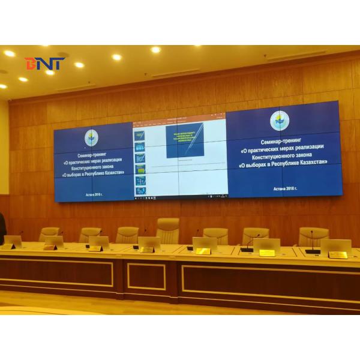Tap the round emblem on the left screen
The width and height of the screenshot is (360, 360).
91,138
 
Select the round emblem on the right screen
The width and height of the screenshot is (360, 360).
279,121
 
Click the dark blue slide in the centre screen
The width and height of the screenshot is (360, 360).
185,140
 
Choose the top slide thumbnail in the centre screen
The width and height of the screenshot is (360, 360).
140,136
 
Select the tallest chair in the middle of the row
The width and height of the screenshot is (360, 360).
167,230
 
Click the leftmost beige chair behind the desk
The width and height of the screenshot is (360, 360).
49,234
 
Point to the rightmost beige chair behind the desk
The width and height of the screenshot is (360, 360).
313,237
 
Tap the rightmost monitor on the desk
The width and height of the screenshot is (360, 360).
336,248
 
